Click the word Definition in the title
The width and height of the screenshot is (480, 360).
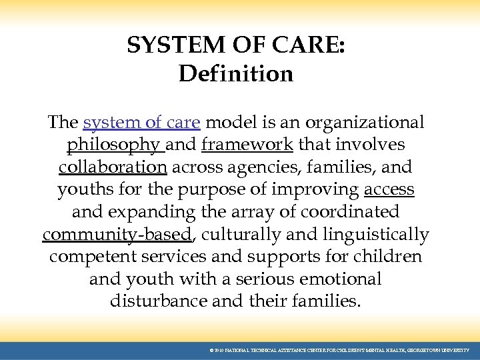tap(236, 73)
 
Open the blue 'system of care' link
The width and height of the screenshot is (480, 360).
tap(141, 123)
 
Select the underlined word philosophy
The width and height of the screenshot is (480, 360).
tap(114, 145)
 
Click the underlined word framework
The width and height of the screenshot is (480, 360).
tap(247, 145)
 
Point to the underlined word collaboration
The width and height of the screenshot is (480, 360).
tap(113, 167)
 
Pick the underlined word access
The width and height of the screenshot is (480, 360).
tap(389, 189)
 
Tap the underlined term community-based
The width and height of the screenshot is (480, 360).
tap(117, 234)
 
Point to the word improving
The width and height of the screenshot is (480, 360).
tap(316, 189)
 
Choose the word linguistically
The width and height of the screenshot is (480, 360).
tap(376, 234)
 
